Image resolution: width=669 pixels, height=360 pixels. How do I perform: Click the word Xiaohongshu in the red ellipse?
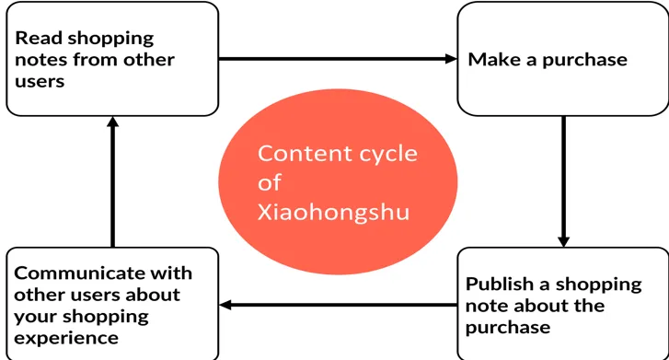tap(333, 213)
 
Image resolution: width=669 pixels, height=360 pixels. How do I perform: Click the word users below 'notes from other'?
tap(40, 82)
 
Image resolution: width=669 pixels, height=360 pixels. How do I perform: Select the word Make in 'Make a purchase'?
tap(494, 59)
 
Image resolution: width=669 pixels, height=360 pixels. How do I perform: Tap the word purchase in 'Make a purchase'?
tap(585, 61)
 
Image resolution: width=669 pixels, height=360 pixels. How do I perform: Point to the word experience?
tap(66, 339)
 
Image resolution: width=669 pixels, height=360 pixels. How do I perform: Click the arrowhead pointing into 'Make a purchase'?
tap(451, 59)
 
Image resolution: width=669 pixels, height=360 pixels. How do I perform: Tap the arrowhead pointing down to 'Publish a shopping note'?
tap(563, 241)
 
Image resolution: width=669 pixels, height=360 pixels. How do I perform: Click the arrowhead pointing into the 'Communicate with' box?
tap(225, 305)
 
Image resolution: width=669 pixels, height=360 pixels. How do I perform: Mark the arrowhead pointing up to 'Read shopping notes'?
tap(112, 122)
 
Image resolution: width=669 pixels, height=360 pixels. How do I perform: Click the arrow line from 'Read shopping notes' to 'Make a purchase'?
tap(338, 59)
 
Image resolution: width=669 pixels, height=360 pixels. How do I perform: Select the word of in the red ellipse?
tap(270, 182)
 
